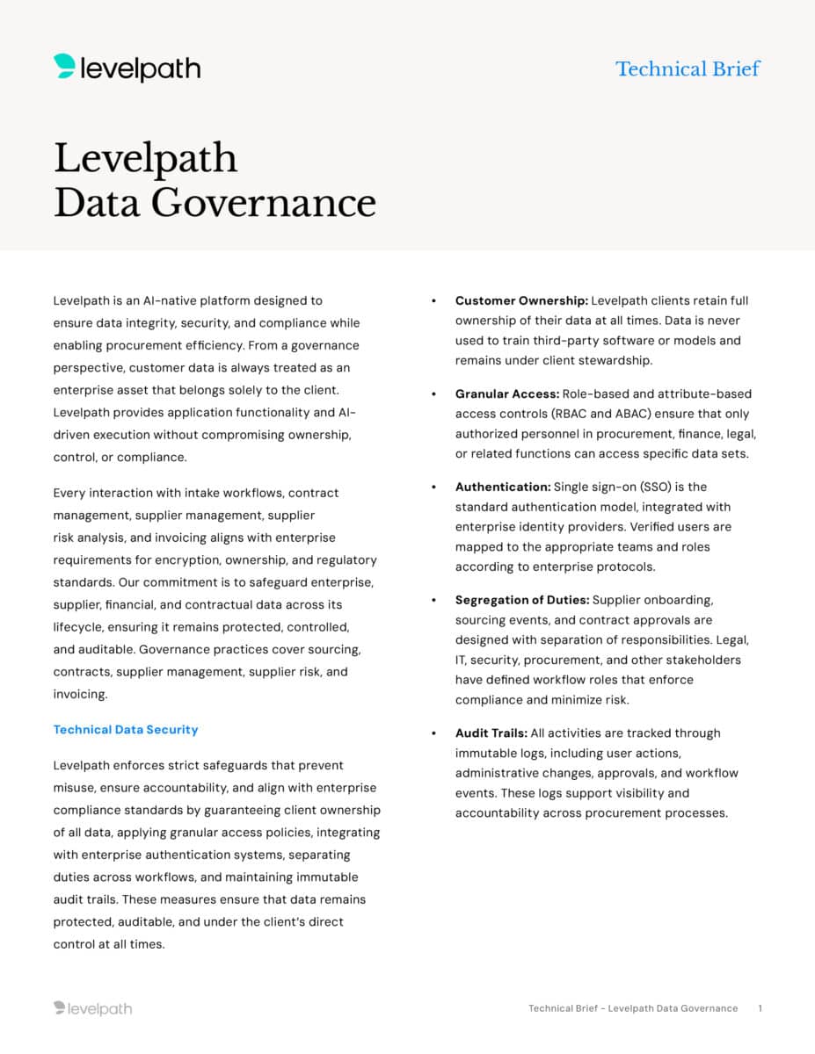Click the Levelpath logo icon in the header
click(64, 67)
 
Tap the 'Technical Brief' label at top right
click(688, 69)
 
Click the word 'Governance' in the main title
click(264, 202)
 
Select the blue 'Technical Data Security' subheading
click(126, 730)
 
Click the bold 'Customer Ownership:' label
click(521, 300)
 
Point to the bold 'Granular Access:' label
click(506, 393)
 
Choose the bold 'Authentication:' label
click(502, 487)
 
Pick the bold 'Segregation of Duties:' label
click(521, 600)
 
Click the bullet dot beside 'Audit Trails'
click(434, 733)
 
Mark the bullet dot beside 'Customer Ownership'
click(434, 301)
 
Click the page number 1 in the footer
click(760, 1008)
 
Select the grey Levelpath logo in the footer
click(92, 1008)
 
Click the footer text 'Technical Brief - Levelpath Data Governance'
click(633, 1008)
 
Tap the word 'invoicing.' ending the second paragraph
click(80, 694)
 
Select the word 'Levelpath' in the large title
click(146, 158)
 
